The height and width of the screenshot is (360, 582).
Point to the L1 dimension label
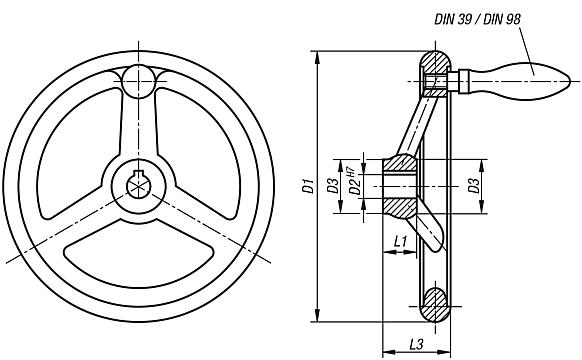(x=399, y=241)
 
